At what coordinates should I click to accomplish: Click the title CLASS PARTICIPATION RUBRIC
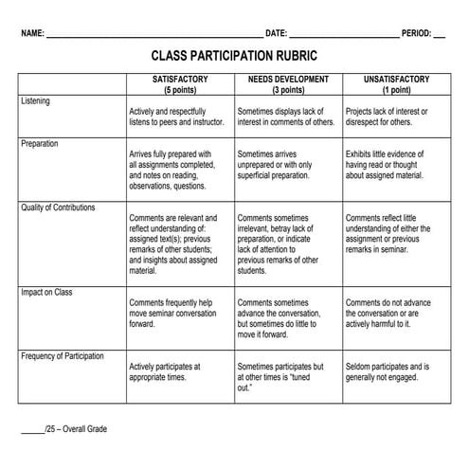pos(234,57)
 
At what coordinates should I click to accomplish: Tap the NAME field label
pos(32,32)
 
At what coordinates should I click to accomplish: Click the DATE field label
pos(276,32)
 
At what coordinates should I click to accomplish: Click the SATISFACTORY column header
pos(180,79)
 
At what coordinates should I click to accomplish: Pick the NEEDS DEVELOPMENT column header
pos(288,79)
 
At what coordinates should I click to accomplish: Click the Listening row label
pos(36,100)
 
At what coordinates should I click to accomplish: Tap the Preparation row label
pos(40,144)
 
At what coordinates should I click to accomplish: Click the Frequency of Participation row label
pos(63,356)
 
